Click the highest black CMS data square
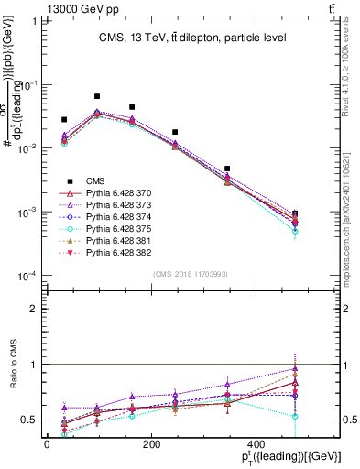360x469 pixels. point(97,96)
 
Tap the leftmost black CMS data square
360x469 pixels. point(64,120)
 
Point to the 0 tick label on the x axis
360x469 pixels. point(47,444)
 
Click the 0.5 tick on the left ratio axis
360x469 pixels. point(35,420)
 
